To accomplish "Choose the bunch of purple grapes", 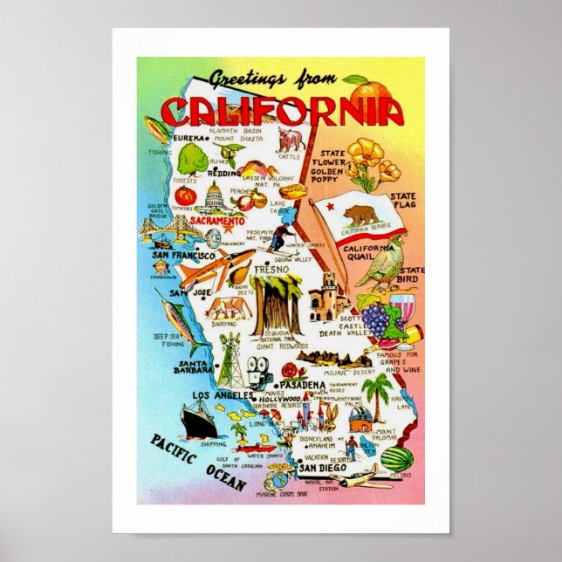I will point(376,319).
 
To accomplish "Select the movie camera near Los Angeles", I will point(259,367).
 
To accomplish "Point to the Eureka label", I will point(188,138).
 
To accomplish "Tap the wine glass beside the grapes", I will point(403,311).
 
